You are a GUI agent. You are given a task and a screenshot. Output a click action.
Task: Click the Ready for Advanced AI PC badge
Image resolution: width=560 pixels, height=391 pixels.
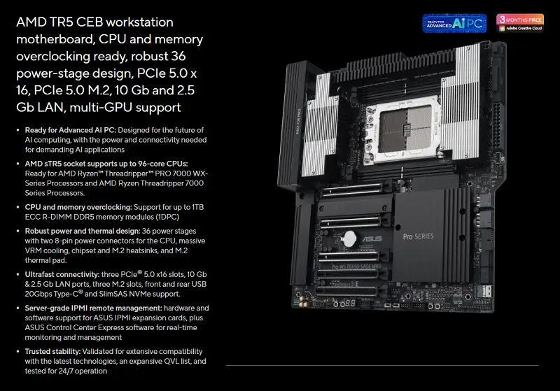pos(454,23)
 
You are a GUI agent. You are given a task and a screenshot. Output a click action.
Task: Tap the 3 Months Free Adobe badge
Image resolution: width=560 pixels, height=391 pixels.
pos(520,23)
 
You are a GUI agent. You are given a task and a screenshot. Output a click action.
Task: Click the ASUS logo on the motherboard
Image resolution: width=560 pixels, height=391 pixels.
pos(372,239)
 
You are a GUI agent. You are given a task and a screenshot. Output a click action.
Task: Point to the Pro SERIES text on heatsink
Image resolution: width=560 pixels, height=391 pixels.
pos(418,236)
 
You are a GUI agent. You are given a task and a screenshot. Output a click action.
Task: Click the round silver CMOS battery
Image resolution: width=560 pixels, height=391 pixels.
pos(349,238)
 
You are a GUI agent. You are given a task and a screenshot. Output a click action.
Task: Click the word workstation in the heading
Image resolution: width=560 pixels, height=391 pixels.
pos(139,22)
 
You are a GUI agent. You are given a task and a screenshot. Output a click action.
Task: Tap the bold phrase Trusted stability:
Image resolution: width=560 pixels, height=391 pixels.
pos(53,351)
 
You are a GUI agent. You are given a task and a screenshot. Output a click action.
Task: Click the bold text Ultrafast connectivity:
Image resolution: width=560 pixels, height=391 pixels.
pos(62,274)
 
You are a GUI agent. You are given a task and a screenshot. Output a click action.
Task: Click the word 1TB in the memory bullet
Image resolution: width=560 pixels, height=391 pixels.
pos(197,207)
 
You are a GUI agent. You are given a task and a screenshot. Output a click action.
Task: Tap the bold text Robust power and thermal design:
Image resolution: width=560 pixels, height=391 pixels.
pos(83,232)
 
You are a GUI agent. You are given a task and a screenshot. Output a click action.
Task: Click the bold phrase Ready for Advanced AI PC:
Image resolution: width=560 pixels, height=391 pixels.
pos(71,130)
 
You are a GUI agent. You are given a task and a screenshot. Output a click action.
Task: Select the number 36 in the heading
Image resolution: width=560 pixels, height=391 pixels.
pos(178,56)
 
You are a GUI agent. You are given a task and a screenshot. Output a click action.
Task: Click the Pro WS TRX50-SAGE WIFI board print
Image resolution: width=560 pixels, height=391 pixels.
pos(356,266)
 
